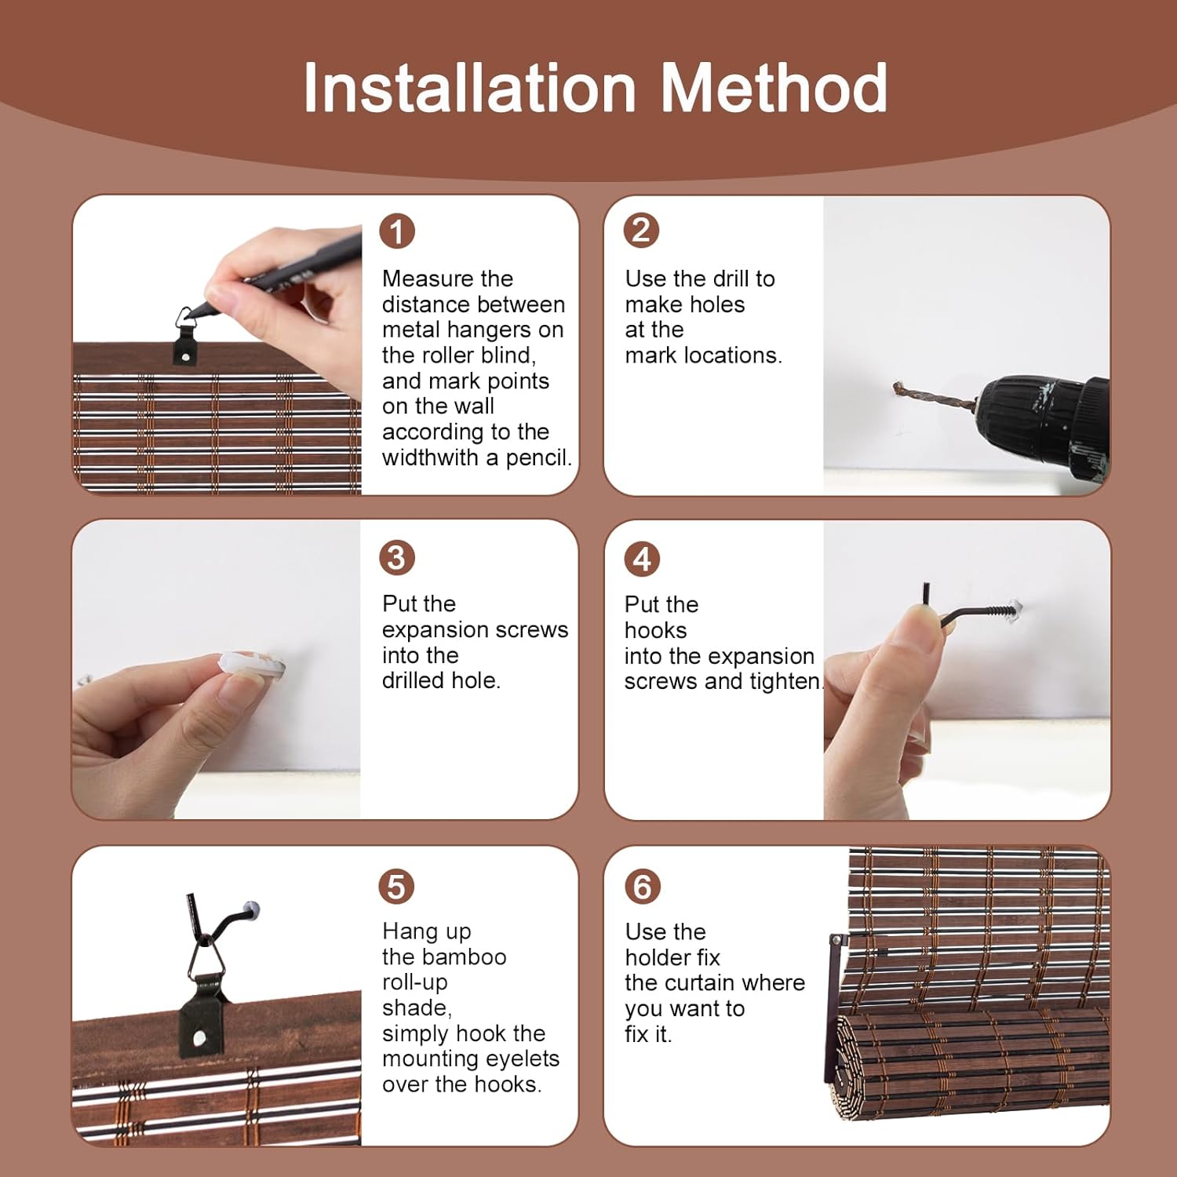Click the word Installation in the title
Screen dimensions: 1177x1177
coord(469,88)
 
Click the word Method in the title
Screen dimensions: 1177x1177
coord(774,88)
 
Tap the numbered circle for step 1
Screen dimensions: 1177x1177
coord(397,232)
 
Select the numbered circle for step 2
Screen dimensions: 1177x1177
coord(641,231)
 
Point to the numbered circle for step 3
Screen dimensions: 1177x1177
coord(397,558)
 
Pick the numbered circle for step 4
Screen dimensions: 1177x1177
coord(642,559)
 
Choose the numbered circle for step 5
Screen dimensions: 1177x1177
coord(397,887)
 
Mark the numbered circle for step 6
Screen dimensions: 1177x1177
coord(642,887)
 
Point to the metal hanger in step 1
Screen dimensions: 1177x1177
coord(186,336)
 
